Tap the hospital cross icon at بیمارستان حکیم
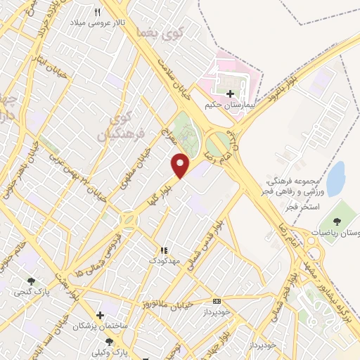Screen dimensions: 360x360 pos(230,93)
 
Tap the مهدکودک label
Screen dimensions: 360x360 pos(165,261)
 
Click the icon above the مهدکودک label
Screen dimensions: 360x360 pos(164,250)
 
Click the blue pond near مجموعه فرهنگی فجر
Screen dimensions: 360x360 pos(336,177)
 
